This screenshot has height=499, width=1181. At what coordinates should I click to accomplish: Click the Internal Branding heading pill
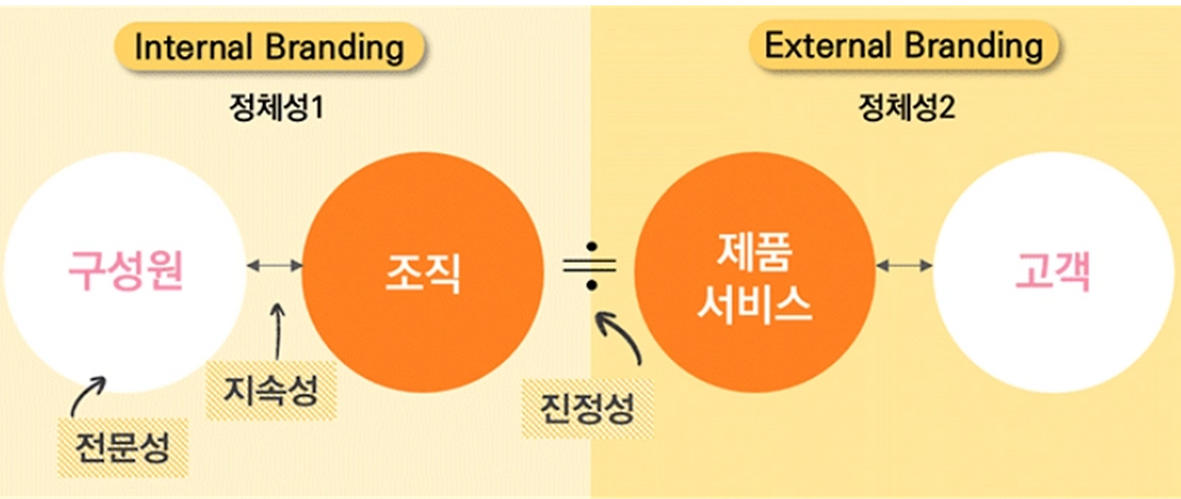[268, 47]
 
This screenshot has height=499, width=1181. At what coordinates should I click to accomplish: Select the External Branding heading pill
[903, 46]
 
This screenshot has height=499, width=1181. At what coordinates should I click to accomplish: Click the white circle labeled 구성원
[125, 272]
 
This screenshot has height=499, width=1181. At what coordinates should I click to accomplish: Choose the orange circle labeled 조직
[423, 272]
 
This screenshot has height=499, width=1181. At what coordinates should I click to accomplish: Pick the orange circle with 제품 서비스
[755, 272]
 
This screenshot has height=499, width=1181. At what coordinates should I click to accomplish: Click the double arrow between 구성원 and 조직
[275, 266]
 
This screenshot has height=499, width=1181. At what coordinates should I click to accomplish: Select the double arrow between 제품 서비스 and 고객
[904, 266]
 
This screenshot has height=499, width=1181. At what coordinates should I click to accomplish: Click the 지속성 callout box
[271, 390]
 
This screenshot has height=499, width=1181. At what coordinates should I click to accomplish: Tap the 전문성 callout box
[124, 446]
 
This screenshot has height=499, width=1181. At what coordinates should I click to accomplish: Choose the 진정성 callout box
[588, 407]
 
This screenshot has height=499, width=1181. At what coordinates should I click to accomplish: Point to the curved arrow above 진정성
[620, 339]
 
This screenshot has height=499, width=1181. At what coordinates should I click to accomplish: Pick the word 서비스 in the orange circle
[755, 303]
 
